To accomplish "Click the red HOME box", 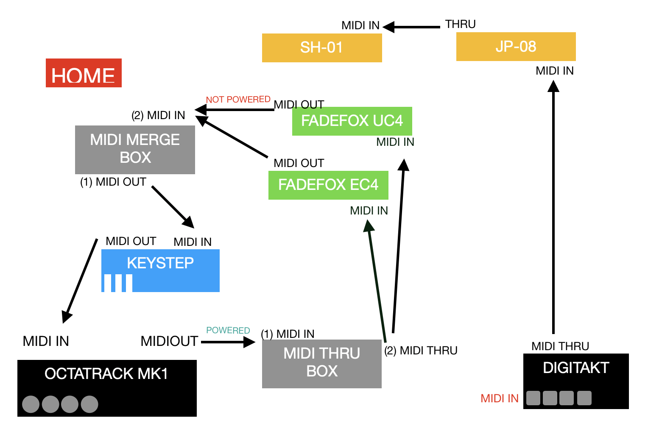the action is point(84,73).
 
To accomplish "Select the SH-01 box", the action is point(322,48).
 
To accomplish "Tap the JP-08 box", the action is point(516,47).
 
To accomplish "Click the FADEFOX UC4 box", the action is point(352,121).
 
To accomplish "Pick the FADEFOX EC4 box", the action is point(328,185).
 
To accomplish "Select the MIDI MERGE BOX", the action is point(135,150).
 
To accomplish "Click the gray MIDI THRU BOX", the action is point(322,364).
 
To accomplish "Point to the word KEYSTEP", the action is point(160,263).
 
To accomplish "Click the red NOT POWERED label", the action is point(238,100).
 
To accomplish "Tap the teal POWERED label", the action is point(228,330).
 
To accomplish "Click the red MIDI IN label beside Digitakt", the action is point(500,398).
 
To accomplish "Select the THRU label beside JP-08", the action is point(460,24).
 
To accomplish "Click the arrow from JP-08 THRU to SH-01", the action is point(411,27).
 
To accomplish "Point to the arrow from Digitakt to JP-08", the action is point(553,207).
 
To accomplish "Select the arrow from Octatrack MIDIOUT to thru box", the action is point(228,342).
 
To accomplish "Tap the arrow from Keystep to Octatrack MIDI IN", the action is point(80,281).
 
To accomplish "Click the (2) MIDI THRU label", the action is point(421,351).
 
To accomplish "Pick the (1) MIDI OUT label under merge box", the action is point(113,182).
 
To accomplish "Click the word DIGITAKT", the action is point(576,368).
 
